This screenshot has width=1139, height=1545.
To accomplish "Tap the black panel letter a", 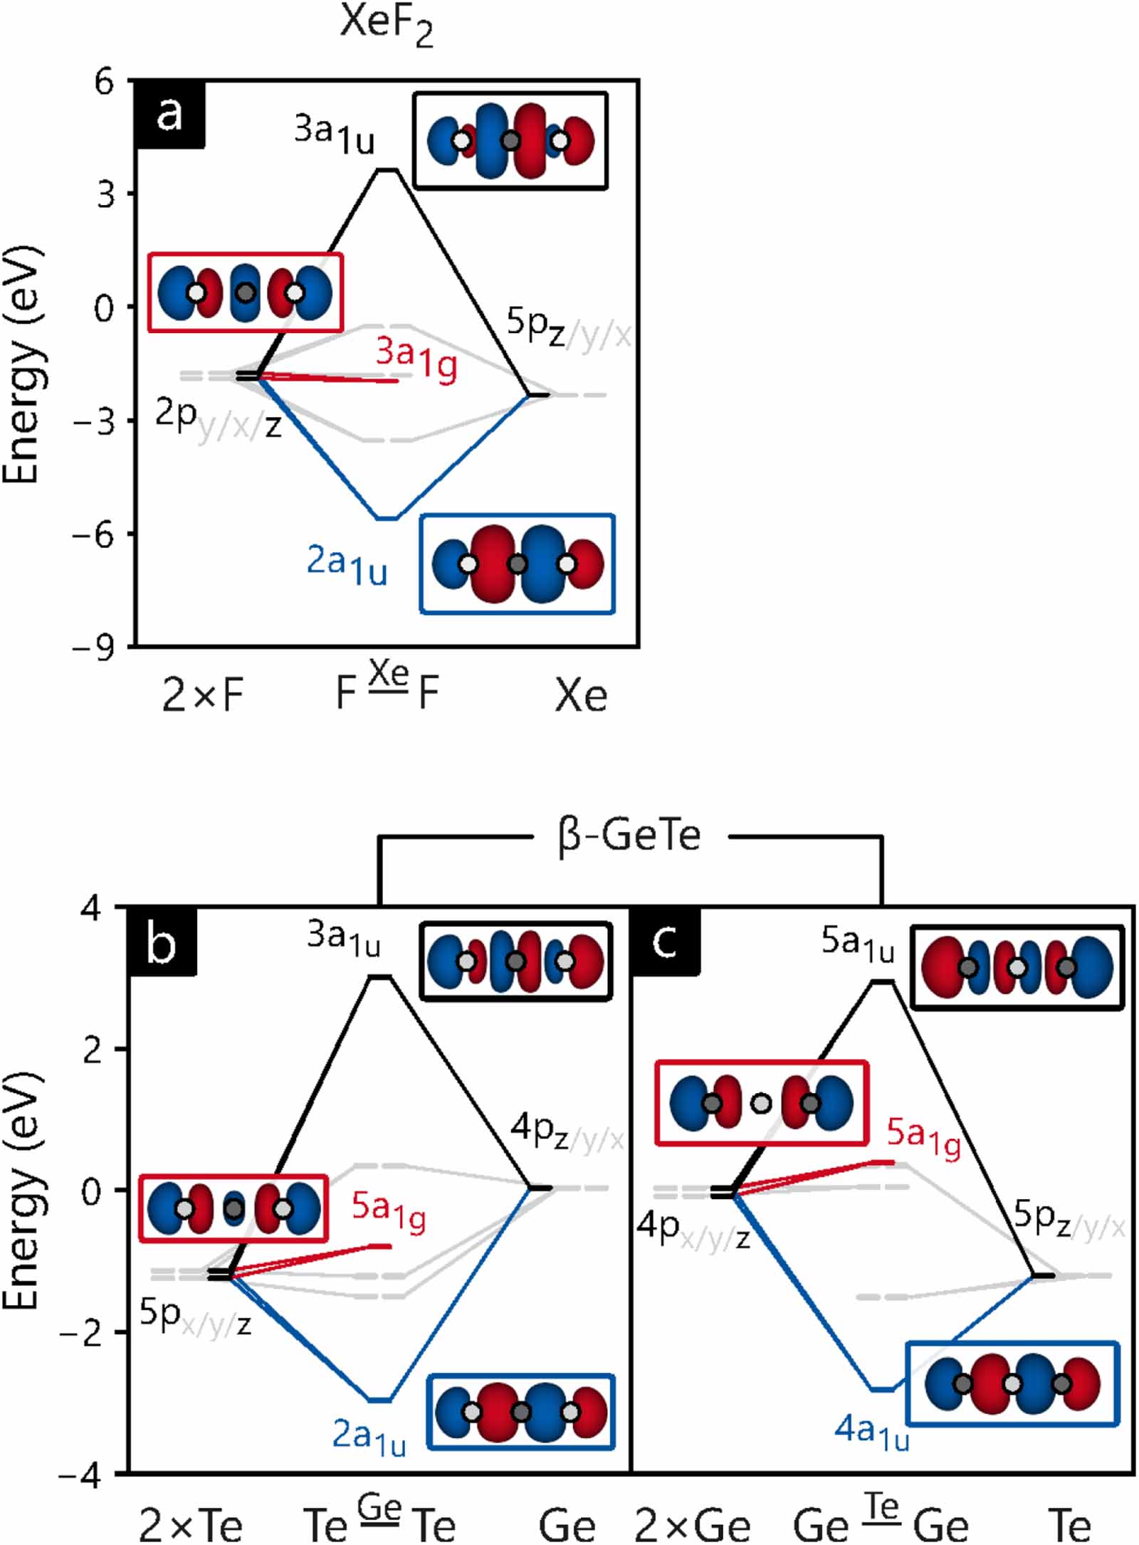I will tap(169, 114).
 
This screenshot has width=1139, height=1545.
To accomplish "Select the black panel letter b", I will tap(161, 943).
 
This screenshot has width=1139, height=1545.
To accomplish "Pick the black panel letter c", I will tap(665, 942).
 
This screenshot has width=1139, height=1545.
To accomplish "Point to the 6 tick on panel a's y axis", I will tap(105, 83).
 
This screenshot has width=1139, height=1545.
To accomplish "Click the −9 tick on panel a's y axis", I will tap(94, 648).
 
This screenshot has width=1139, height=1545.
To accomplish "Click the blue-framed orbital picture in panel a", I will tap(518, 564).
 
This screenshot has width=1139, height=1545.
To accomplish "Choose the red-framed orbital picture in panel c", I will tap(761, 1103).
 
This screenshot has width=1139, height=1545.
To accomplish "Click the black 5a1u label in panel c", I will tap(858, 945).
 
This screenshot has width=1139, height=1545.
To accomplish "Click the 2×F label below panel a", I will tap(203, 695).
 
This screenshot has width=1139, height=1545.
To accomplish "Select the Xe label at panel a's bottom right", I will tap(581, 695).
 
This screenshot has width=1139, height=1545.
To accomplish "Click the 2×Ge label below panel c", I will tap(692, 1525).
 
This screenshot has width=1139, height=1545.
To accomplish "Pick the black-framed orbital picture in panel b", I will tap(515, 961).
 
